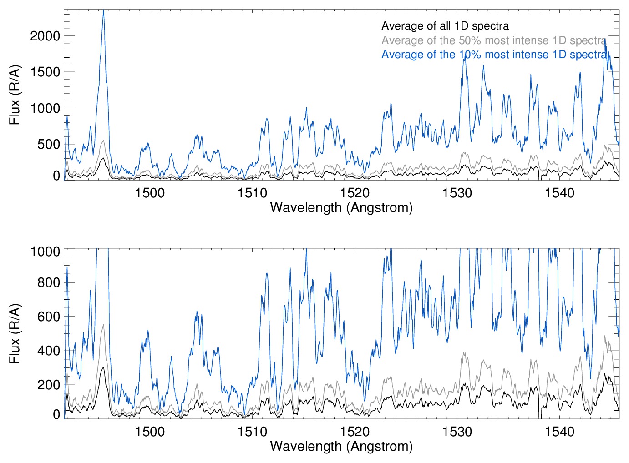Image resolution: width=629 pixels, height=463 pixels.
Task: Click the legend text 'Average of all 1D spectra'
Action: tap(445, 26)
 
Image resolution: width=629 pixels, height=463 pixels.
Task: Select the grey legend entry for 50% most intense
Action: tap(493, 40)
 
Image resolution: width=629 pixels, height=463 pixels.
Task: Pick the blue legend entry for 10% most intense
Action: tap(493, 55)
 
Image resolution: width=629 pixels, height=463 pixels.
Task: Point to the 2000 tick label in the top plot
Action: tap(45, 36)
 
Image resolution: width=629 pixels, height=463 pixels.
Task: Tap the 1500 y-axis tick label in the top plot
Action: tap(45, 72)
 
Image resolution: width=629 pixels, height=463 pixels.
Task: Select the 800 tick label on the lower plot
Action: tap(49, 282)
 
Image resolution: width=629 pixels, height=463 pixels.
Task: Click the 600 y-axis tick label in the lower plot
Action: tap(49, 317)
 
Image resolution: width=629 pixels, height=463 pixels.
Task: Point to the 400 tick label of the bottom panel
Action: tap(49, 351)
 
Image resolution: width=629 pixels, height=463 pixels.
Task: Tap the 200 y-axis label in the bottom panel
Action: tap(49, 385)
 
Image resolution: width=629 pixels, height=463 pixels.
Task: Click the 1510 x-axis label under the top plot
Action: tap(252, 193)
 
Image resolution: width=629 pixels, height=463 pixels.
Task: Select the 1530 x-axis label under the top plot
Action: tap(457, 193)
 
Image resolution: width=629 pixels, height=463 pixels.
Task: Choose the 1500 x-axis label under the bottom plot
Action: tap(150, 431)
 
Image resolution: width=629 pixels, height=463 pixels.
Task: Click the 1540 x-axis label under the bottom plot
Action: tap(559, 431)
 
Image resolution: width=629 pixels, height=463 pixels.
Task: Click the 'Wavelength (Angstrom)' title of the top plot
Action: tap(341, 207)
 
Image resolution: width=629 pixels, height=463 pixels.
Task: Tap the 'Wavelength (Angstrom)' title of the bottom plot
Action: tap(341, 446)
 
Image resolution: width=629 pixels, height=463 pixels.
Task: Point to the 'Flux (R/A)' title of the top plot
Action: tap(15, 95)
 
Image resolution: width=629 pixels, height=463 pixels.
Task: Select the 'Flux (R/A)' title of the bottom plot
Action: tap(15, 333)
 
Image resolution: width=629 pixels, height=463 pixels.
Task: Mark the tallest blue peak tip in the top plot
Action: tap(104, 10)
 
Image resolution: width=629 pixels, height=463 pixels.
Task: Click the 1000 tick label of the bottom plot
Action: tap(45, 252)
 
